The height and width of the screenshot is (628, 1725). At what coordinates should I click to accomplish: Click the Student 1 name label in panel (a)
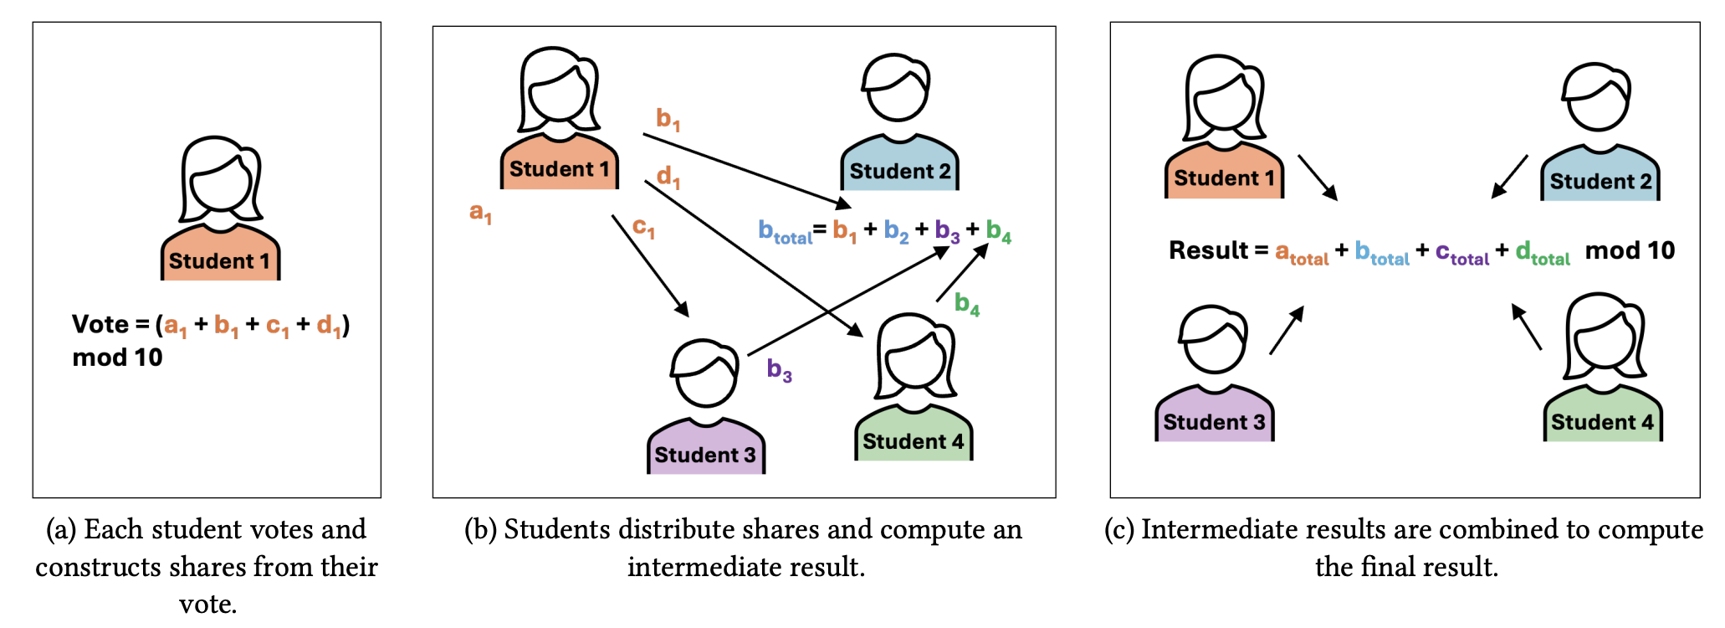(219, 261)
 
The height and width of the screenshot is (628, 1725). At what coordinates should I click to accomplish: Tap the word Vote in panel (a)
(100, 324)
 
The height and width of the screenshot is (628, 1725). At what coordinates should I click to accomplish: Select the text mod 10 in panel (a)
(117, 358)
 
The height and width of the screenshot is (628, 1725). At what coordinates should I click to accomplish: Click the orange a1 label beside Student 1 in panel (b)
(480, 213)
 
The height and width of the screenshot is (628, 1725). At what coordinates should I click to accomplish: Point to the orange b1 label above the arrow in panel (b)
(668, 119)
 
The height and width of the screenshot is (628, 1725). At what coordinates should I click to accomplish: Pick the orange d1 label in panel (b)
(668, 177)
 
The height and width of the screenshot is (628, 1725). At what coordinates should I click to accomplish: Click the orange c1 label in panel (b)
(643, 228)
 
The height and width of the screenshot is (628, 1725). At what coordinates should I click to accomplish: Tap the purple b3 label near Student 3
(780, 369)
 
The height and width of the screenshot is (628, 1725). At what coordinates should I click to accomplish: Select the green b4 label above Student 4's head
(967, 303)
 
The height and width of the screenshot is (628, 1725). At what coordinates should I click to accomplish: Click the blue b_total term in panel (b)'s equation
(786, 231)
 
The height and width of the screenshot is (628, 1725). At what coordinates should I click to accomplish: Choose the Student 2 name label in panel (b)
(900, 172)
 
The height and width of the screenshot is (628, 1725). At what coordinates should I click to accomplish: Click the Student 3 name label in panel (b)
(705, 455)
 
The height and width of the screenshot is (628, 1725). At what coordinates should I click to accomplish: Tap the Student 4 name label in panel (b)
(914, 441)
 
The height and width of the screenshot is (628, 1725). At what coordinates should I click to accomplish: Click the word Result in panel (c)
(1208, 250)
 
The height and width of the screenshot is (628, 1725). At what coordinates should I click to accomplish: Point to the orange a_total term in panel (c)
(1302, 252)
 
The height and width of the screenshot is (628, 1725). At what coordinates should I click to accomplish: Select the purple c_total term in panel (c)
(1462, 252)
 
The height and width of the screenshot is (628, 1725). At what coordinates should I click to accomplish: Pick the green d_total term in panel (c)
(1543, 252)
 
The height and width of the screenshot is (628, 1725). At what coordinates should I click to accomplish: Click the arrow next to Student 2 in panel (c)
(1509, 177)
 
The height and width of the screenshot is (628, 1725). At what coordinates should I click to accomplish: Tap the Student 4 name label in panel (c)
(1602, 422)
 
